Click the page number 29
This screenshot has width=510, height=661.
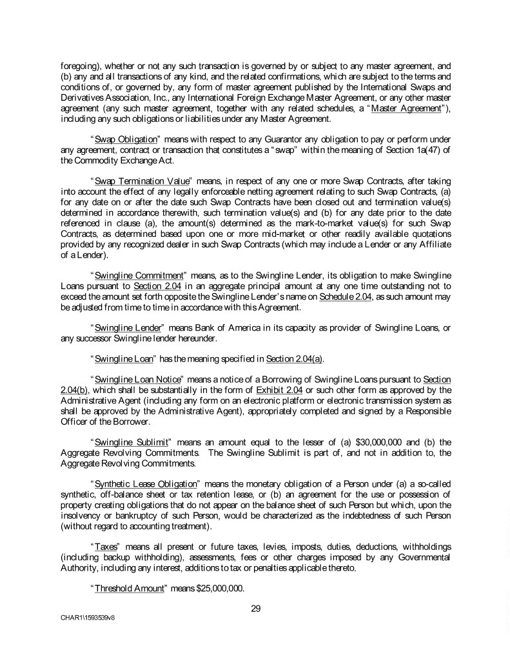(255, 607)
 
